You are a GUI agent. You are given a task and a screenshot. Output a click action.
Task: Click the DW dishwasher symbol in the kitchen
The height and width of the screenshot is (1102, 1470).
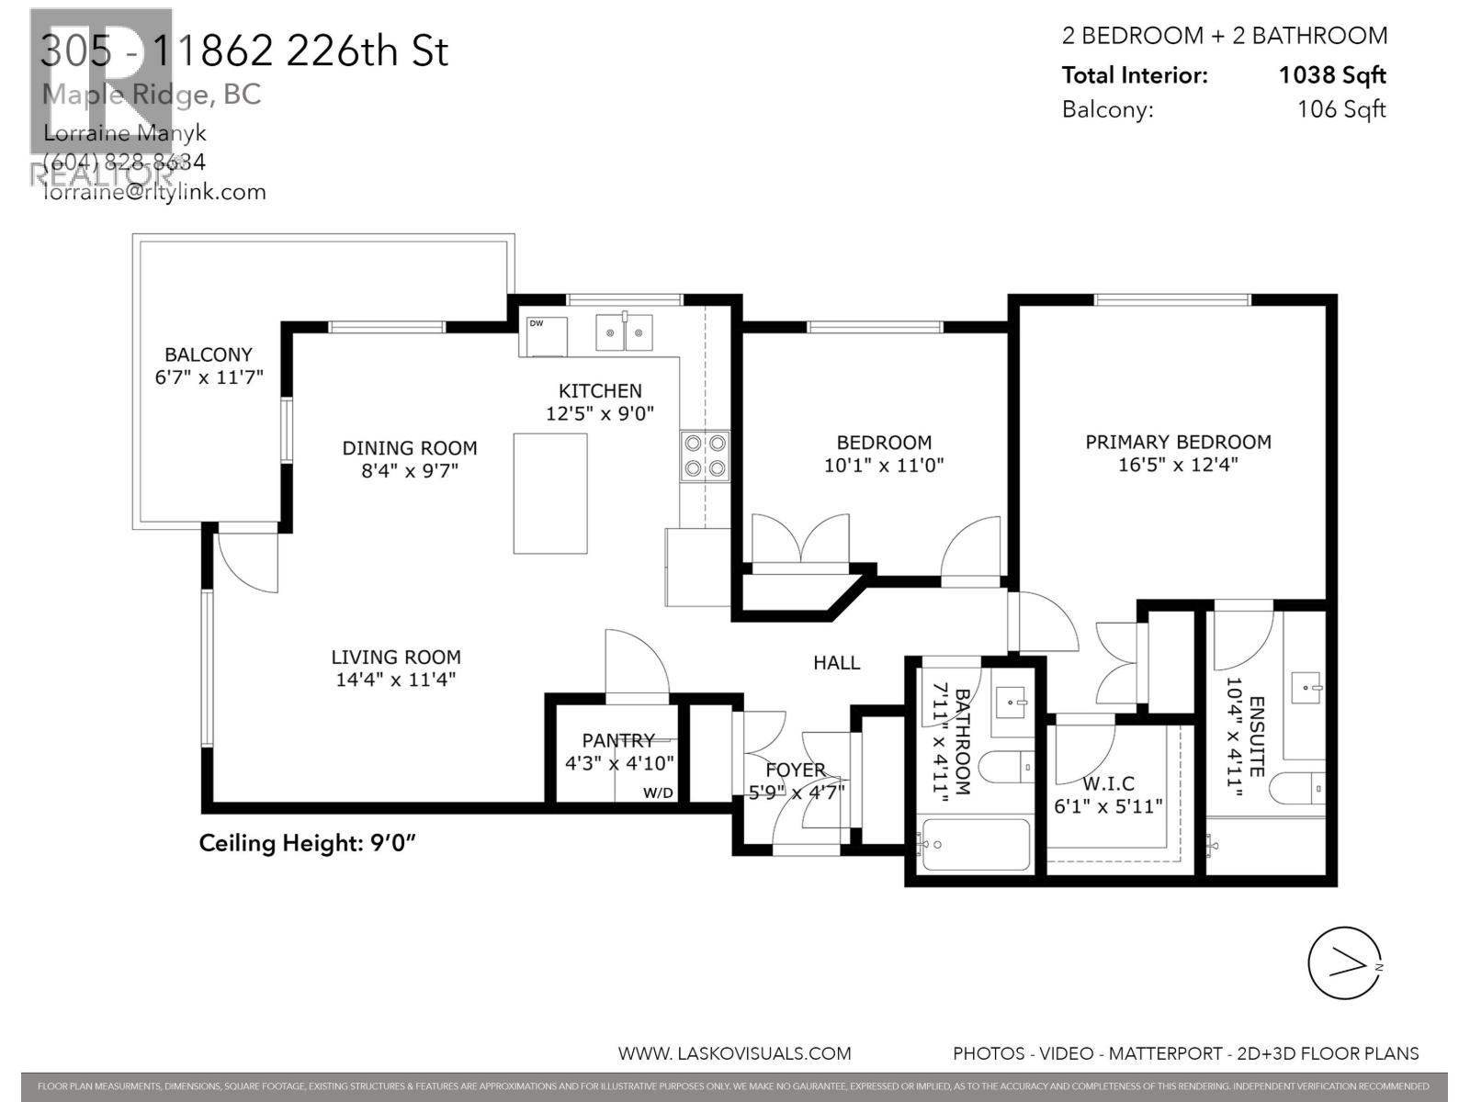543,335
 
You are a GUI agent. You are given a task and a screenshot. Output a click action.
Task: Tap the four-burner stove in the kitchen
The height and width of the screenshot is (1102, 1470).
705,456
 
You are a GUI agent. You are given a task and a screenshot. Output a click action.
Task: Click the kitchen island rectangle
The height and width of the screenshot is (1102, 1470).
550,493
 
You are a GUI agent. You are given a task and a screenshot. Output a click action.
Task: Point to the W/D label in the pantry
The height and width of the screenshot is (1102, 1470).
658,793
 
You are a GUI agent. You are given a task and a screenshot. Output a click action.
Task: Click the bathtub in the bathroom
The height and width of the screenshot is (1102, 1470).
976,844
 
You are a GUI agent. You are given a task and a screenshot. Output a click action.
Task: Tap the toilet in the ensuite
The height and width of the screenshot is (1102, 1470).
1304,788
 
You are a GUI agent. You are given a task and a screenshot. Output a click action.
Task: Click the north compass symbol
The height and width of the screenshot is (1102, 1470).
1345,963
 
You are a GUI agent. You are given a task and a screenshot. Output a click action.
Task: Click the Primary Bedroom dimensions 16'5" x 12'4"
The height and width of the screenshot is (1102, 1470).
1178,465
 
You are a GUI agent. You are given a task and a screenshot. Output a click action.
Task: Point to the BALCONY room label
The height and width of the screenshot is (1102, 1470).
209,354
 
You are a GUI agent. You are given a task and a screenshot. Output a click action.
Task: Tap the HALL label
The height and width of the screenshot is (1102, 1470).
836,662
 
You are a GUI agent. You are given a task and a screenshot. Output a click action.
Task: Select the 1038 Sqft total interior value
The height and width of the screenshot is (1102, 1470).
1332,75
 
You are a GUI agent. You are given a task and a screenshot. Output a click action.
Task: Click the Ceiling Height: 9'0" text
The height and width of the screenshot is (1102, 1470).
308,843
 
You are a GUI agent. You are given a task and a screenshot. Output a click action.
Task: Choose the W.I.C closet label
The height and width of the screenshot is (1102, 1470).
1108,783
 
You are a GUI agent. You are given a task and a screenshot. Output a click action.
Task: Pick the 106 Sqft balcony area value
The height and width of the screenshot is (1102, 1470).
1340,109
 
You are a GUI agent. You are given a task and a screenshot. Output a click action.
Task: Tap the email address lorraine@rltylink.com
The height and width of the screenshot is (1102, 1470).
154,192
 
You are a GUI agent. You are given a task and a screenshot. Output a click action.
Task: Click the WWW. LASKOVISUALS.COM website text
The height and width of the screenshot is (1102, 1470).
734,1053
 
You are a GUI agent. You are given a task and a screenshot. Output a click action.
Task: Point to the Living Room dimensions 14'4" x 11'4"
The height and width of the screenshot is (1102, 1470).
396,680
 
